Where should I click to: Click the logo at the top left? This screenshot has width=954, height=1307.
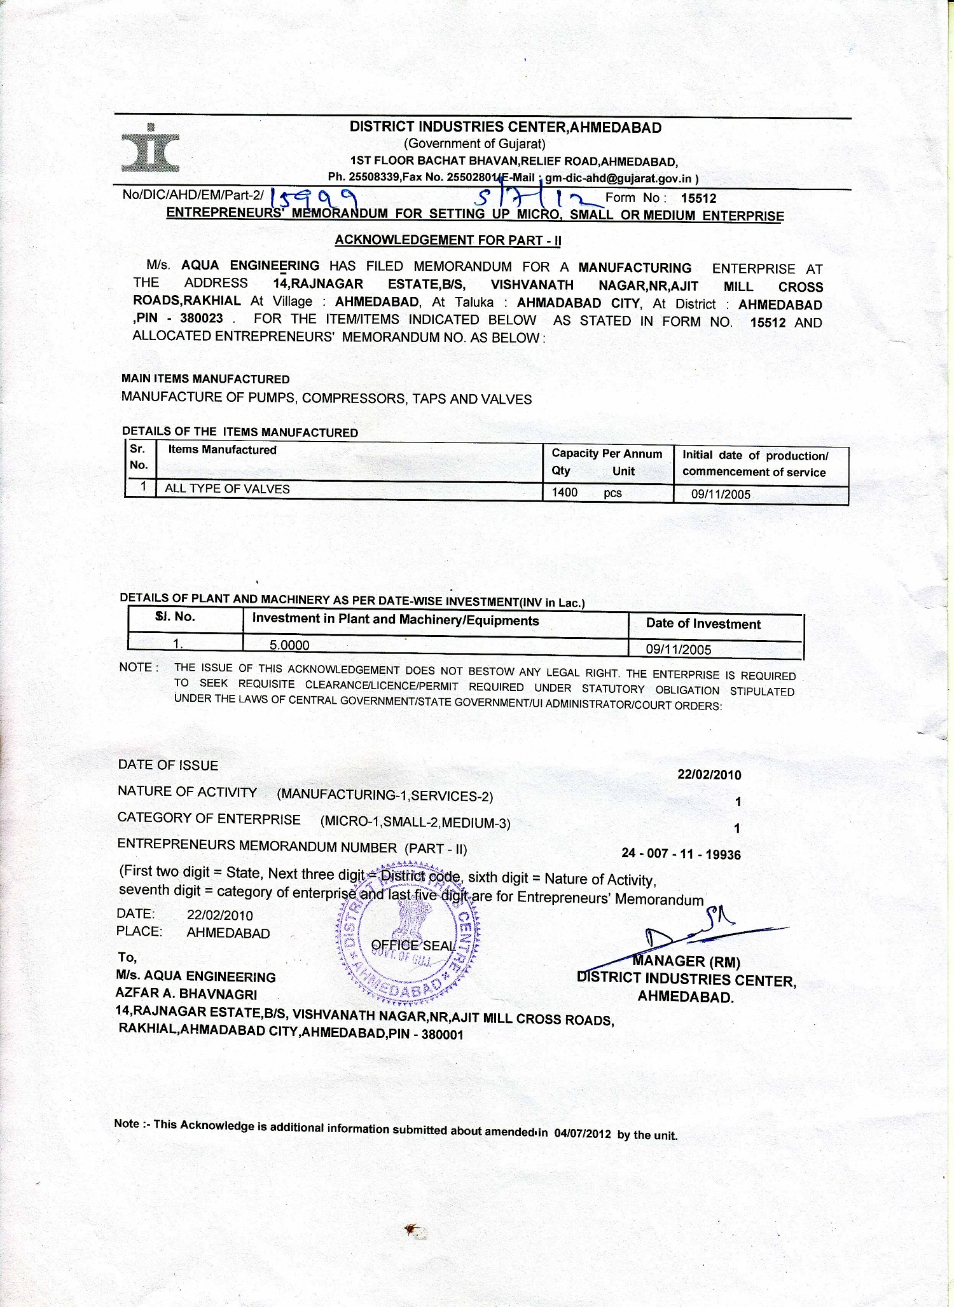(150, 149)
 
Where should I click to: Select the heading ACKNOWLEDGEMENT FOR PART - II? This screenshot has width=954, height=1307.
(448, 240)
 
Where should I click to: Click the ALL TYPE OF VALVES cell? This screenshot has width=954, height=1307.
(227, 489)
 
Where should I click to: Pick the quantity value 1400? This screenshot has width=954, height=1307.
(564, 492)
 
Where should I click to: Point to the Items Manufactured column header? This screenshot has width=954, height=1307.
(222, 450)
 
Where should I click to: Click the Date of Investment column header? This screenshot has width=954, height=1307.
(703, 624)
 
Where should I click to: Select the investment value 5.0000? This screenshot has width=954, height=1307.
(289, 645)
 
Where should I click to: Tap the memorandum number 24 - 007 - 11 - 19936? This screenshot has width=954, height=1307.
(681, 854)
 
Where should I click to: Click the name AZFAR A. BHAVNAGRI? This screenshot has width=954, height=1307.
(186, 994)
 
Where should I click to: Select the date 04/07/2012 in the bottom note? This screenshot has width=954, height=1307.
(582, 1133)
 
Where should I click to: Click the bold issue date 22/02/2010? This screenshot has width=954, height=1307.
(709, 775)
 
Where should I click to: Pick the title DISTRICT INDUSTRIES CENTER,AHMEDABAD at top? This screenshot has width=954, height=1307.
(506, 127)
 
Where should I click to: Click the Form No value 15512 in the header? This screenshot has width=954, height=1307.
(698, 198)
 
